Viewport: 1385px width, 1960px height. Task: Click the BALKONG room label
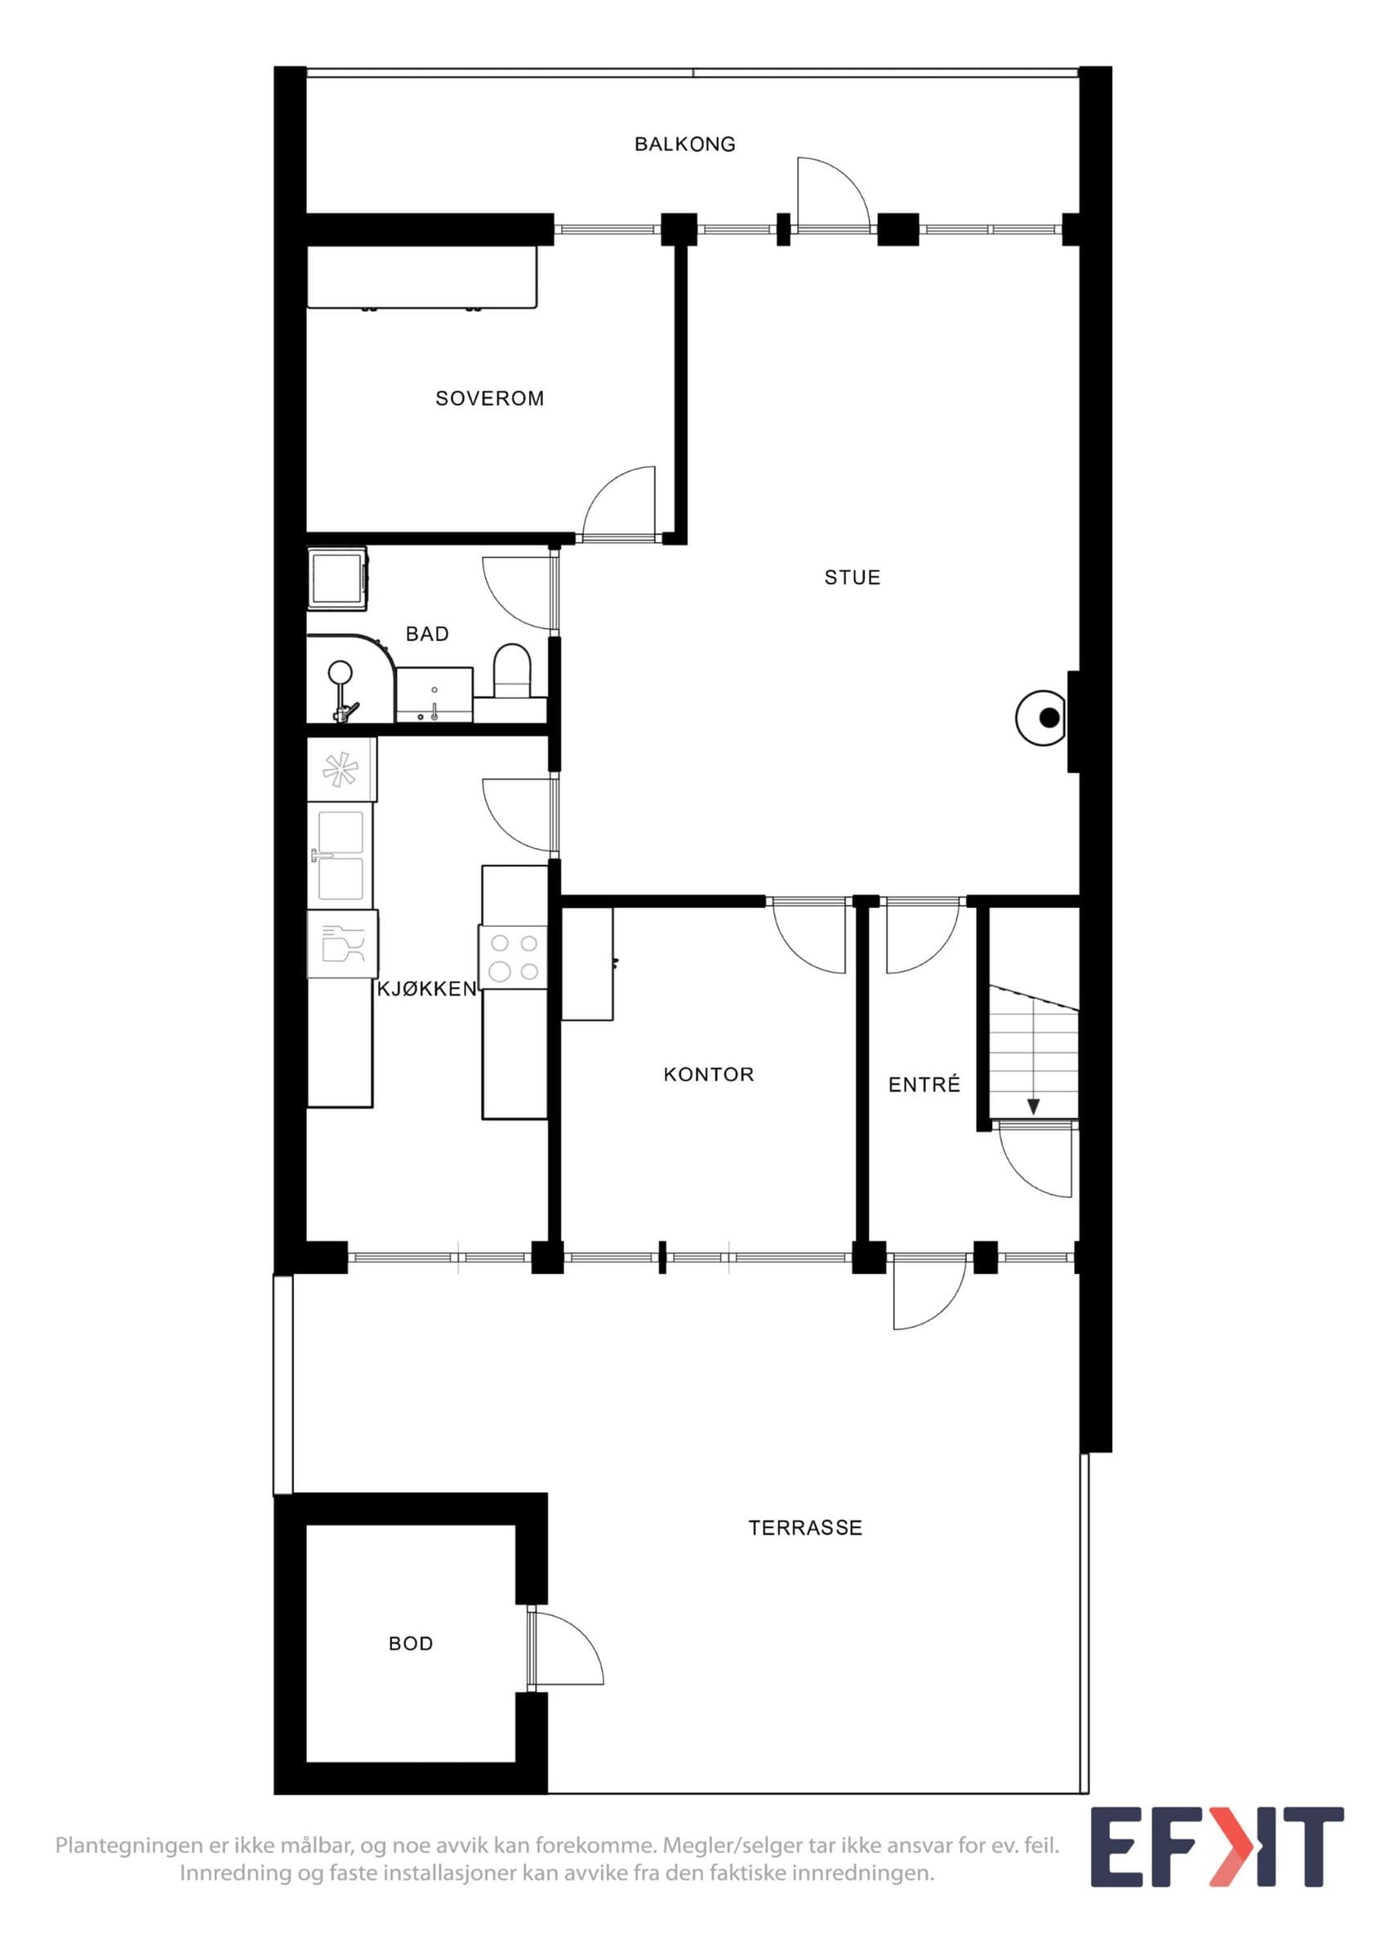(x=684, y=145)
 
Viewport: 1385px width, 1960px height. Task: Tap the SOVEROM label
(x=490, y=399)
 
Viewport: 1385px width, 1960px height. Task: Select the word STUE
(x=853, y=578)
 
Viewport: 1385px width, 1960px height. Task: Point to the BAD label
(x=426, y=635)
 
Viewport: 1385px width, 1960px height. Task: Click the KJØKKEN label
(x=426, y=989)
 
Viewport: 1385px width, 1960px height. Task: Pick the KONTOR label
(x=709, y=1075)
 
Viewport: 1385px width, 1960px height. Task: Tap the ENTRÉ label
(x=924, y=1085)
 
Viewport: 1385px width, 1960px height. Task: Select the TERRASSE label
(x=805, y=1528)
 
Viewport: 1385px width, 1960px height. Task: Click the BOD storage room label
(x=411, y=1644)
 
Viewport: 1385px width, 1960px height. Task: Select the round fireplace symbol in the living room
(x=1042, y=717)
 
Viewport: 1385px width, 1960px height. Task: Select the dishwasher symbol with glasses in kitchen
(x=342, y=943)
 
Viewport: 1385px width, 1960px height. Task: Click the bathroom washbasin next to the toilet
(x=434, y=694)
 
